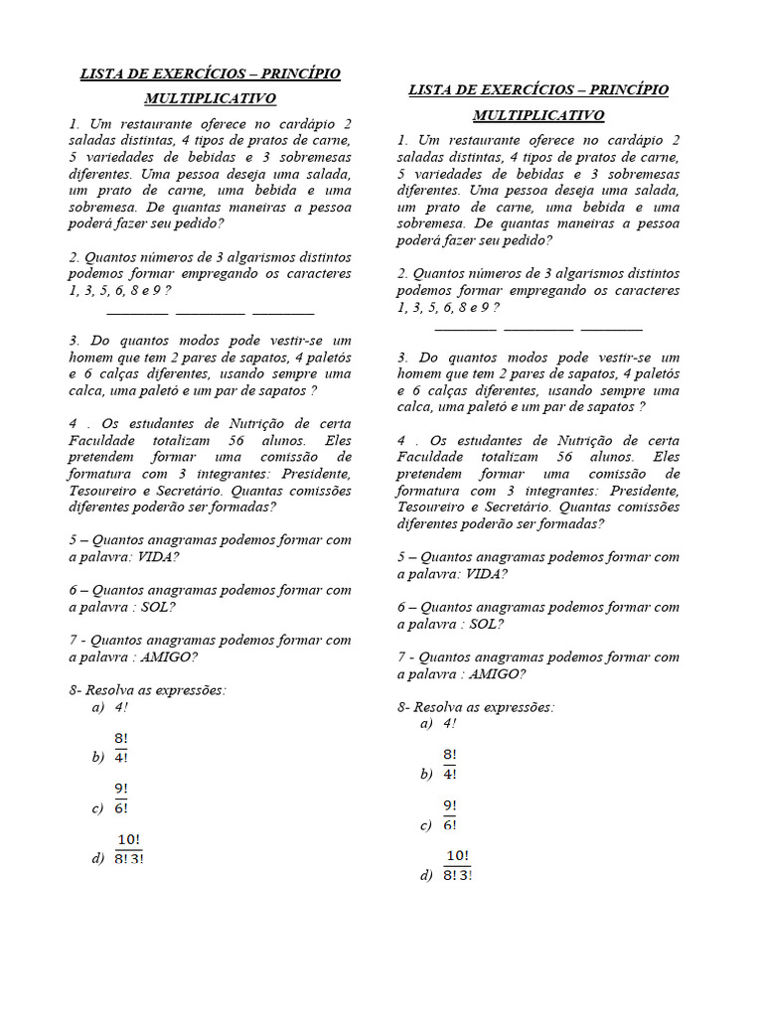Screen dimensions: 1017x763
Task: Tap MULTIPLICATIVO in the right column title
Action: point(538,115)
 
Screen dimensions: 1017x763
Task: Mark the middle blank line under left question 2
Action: point(210,313)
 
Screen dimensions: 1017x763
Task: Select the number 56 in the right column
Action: point(564,457)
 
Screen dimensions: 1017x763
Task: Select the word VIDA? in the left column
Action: point(158,557)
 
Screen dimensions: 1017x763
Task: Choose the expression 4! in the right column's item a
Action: point(450,724)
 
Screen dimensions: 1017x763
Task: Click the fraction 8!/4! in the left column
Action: point(121,748)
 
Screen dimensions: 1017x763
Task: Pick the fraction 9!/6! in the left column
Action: point(121,799)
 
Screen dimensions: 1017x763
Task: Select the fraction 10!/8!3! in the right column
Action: point(457,865)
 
